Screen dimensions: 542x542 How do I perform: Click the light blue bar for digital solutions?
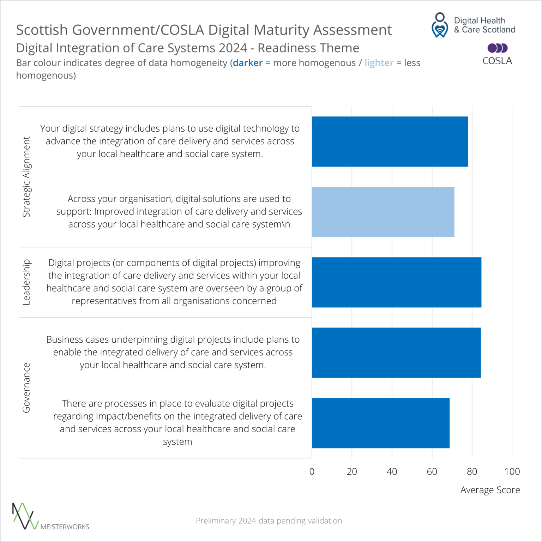point(383,212)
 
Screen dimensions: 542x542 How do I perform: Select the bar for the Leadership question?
point(396,282)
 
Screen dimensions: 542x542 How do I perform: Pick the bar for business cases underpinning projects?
point(396,353)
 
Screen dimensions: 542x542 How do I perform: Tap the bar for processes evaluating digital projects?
point(380,423)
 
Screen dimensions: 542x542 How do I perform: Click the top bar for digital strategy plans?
point(390,141)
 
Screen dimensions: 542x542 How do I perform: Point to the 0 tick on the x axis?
point(312,471)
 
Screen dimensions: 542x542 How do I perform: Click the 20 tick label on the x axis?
point(352,471)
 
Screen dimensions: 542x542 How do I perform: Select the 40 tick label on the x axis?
point(392,471)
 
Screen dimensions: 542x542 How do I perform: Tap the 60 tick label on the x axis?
point(432,471)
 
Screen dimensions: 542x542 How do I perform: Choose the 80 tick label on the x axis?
point(472,471)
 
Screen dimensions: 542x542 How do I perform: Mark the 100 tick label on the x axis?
point(512,471)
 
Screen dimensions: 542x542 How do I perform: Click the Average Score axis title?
point(490,490)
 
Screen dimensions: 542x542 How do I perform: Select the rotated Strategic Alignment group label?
point(26,176)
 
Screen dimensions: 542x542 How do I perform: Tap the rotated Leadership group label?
point(26,282)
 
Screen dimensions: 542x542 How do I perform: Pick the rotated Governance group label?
point(26,387)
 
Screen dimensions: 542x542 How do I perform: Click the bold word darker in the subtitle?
point(248,63)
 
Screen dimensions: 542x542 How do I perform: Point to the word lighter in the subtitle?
point(379,63)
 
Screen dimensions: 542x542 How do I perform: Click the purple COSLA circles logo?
point(497,48)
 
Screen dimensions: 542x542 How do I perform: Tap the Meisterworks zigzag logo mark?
point(25,516)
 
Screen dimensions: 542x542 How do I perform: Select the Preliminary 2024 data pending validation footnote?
point(269,520)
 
